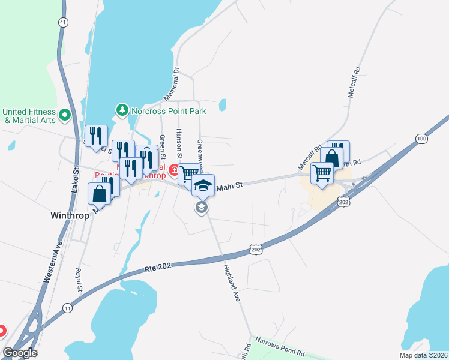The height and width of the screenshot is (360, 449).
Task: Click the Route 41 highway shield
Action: (x=62, y=22)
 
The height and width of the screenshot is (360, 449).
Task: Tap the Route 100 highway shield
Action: (x=421, y=139)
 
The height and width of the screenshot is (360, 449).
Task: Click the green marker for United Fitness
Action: (x=65, y=113)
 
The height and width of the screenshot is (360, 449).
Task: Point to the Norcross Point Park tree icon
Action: (x=122, y=110)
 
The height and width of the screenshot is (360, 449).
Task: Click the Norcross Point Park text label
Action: (x=169, y=111)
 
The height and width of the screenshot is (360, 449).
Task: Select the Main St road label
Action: (x=229, y=187)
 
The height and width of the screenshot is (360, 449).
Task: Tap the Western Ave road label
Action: (x=53, y=262)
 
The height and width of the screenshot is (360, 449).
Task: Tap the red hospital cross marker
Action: (x=174, y=170)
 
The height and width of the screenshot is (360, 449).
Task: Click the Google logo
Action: (x=20, y=353)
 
